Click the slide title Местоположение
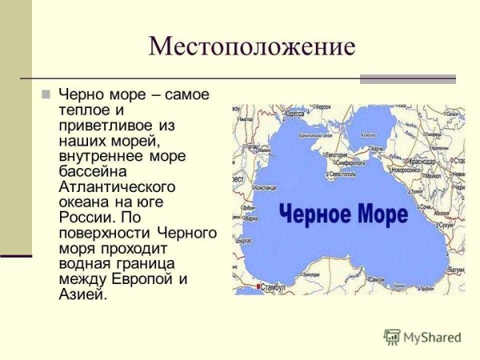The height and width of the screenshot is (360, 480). click(252, 46)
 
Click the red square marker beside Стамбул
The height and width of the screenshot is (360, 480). click(258, 286)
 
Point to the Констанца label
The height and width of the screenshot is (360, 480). click(266, 187)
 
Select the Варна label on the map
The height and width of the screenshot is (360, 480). click(251, 218)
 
